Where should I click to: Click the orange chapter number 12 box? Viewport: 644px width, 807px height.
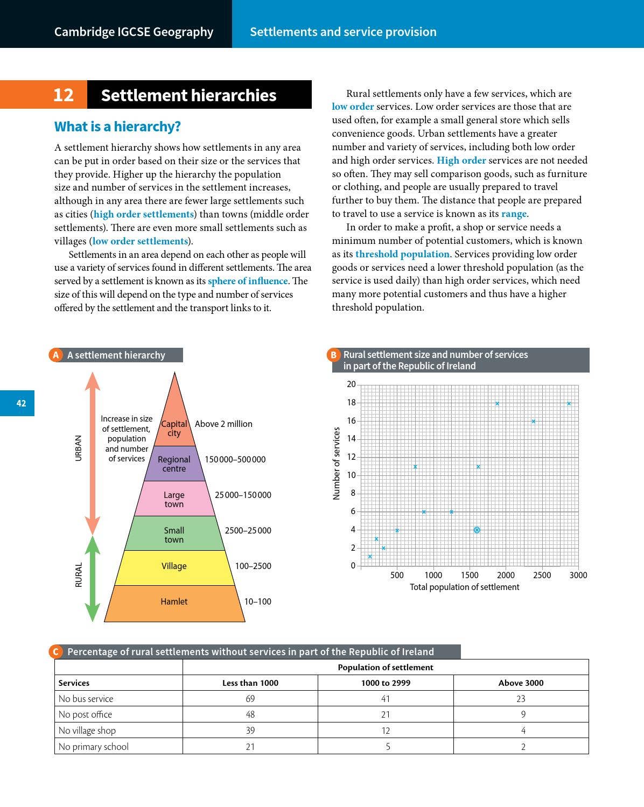pyautogui.click(x=44, y=95)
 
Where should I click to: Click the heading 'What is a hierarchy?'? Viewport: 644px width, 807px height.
pyautogui.click(x=117, y=127)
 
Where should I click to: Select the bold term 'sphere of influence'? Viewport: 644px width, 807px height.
pyautogui.click(x=248, y=281)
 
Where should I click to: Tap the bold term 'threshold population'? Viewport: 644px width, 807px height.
pyautogui.click(x=402, y=254)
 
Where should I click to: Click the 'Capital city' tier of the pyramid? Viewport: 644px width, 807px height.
pyautogui.click(x=174, y=425)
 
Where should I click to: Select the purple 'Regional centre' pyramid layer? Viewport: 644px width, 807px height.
pyautogui.click(x=174, y=464)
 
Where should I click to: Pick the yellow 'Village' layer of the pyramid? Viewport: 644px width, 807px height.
pyautogui.click(x=174, y=566)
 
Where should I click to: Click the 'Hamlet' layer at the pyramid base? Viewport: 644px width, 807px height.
pyautogui.click(x=174, y=602)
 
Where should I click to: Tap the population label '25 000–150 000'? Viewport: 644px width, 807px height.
pyautogui.click(x=243, y=495)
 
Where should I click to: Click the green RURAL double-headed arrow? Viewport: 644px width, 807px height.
pyautogui.click(x=93, y=579)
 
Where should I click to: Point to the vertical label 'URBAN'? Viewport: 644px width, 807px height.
pyautogui.click(x=79, y=448)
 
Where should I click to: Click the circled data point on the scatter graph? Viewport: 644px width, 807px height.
pyautogui.click(x=477, y=530)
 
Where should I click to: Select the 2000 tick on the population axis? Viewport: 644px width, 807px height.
pyautogui.click(x=506, y=575)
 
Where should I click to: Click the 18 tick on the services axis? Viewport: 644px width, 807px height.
pyautogui.click(x=351, y=403)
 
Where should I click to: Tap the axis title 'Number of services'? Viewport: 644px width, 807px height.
pyautogui.click(x=337, y=464)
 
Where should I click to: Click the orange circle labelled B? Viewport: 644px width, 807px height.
pyautogui.click(x=333, y=355)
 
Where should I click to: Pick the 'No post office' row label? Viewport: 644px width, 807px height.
pyautogui.click(x=85, y=714)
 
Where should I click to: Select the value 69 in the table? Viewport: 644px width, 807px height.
pyautogui.click(x=250, y=699)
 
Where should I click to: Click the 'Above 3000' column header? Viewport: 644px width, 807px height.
pyautogui.click(x=521, y=683)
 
